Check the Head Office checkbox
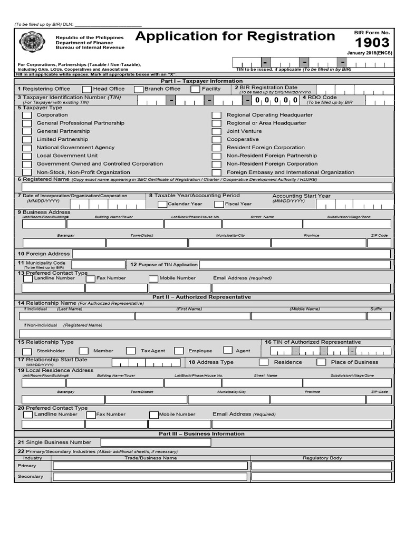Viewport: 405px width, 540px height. [87, 89]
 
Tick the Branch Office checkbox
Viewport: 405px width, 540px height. [139, 89]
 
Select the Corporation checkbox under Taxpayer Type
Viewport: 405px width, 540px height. [27, 115]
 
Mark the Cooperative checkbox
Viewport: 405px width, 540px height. [216, 140]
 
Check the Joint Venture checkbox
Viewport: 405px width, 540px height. [216, 131]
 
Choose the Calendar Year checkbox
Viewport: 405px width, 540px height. [162, 204]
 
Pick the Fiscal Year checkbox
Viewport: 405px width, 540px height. [219, 204]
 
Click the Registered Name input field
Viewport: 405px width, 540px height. [206, 187]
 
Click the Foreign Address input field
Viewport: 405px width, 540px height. [231, 254]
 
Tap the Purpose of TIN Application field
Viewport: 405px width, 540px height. [295, 265]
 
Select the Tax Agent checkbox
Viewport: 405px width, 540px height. [131, 351]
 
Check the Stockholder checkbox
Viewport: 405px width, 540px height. [27, 351]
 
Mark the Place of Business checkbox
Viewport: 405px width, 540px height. [321, 362]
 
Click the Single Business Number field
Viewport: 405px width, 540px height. [156, 442]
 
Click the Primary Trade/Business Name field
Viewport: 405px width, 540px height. [150, 466]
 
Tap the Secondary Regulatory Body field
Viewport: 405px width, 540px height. [321, 477]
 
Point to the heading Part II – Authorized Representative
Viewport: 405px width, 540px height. [202, 297]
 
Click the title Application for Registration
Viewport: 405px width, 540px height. [235, 36]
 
